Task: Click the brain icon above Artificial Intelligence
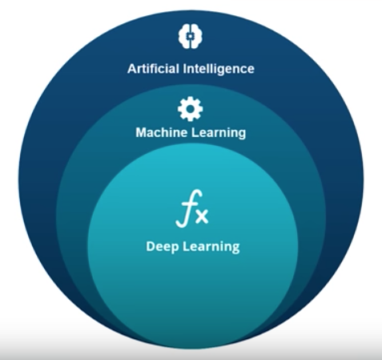click(x=191, y=36)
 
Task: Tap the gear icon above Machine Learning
click(x=191, y=109)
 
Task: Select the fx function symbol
click(x=192, y=208)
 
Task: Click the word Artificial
click(x=153, y=69)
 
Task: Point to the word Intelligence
click(x=219, y=69)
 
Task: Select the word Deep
click(x=162, y=247)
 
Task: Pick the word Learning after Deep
click(x=211, y=247)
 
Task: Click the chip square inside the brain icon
click(x=191, y=36)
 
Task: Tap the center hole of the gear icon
click(x=191, y=109)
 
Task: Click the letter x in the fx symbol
click(x=202, y=216)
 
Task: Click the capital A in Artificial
click(x=132, y=69)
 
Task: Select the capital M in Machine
click(x=141, y=133)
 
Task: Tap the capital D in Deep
click(x=151, y=246)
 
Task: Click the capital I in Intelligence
click(x=184, y=69)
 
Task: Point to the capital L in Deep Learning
click(x=187, y=246)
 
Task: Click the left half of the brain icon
click(x=184, y=36)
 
